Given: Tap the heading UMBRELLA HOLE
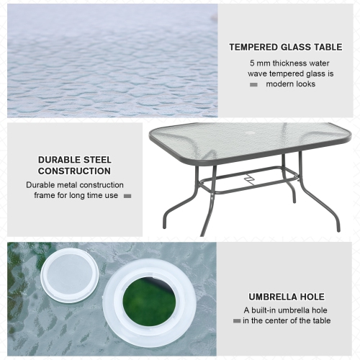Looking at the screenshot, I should click(287, 297).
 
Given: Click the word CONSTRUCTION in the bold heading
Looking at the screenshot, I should click(74, 171).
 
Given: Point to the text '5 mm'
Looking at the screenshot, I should click(259, 62).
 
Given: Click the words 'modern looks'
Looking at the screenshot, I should click(291, 84).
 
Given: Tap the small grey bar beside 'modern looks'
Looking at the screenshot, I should click(253, 85).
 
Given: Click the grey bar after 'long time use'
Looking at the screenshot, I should click(127, 196).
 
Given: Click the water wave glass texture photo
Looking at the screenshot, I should click(112, 60).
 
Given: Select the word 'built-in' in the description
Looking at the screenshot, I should click(264, 310).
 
